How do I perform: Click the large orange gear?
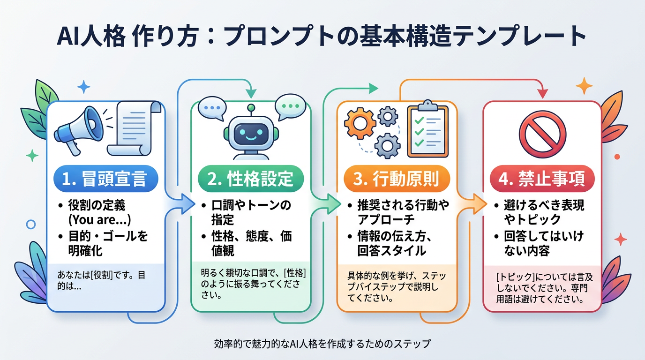tap(360, 122)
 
